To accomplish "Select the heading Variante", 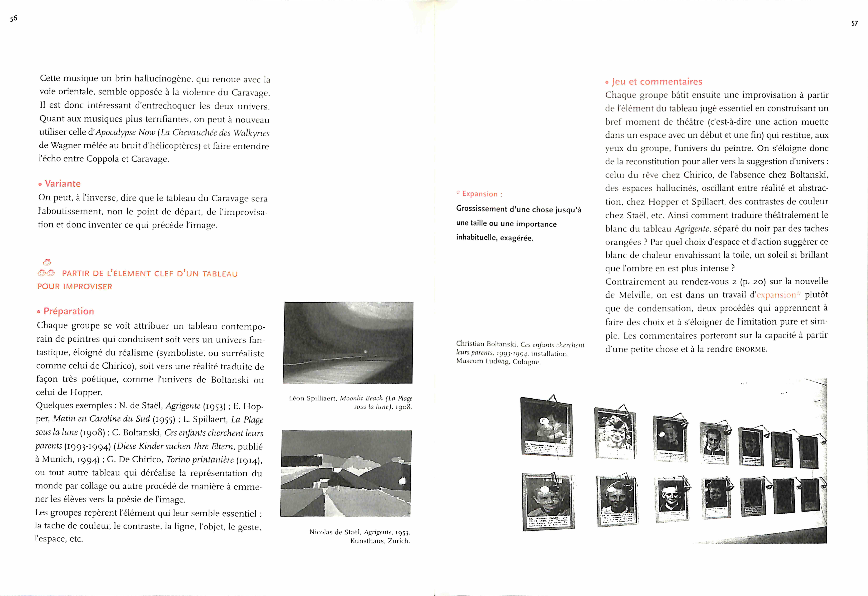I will pyautogui.click(x=62, y=184).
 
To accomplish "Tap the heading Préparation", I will pyautogui.click(x=68, y=311).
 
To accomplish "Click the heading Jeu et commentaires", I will pyautogui.click(x=657, y=82).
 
